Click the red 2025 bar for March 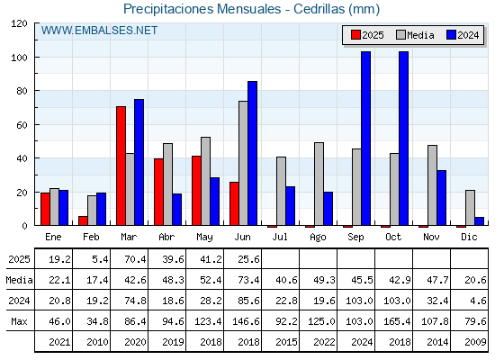point(121,166)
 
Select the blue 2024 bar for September point(365,139)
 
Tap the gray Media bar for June point(243,163)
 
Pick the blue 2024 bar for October point(404,139)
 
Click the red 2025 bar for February point(83,220)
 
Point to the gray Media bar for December point(470,208)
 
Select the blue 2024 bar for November point(441,198)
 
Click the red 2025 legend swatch point(355,35)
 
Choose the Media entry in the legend point(415,35)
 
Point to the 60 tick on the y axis point(22,125)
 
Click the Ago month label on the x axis point(318,238)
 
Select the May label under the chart point(204,238)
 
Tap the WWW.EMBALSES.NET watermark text point(99,31)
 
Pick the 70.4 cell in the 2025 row point(135,259)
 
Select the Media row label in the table point(19,280)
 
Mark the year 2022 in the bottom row point(324,342)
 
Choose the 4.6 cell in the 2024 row point(478,301)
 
